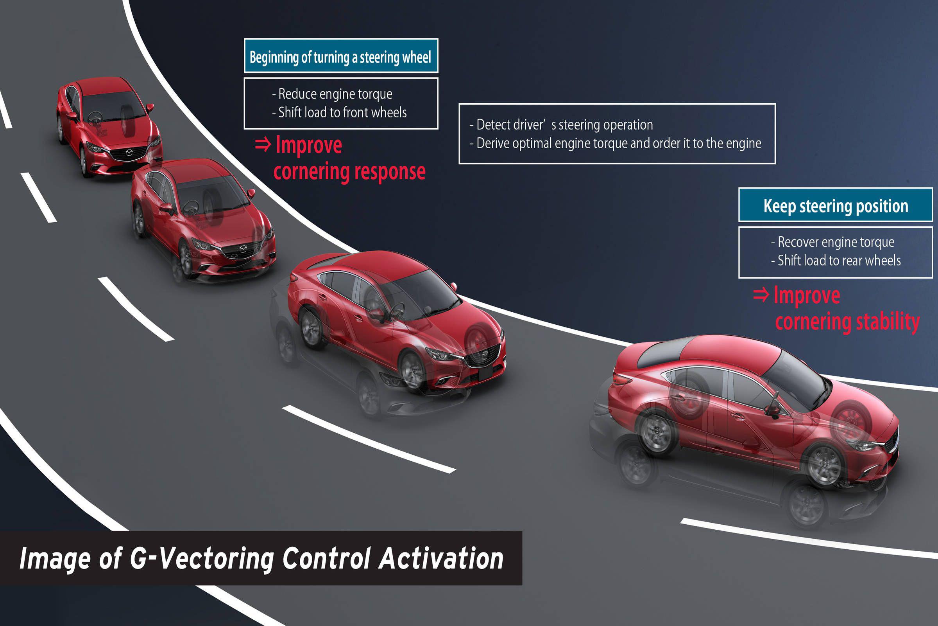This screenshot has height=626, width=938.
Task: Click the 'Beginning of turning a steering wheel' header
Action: point(340,57)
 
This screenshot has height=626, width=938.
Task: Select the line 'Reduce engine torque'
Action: point(335,94)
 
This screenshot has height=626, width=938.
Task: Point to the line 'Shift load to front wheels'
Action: point(342,113)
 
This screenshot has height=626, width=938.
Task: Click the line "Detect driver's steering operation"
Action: point(564,125)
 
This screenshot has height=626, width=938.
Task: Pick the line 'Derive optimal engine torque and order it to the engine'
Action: point(619,143)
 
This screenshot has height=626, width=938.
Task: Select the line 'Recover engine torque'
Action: point(836,242)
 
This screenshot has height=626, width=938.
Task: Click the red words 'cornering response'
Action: point(349,172)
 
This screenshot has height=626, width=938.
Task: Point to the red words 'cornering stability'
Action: point(847,322)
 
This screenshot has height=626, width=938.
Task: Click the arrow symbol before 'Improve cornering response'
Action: point(263,145)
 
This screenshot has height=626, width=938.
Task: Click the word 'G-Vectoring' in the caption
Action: point(202,558)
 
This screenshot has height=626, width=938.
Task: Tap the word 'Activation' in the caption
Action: point(441,558)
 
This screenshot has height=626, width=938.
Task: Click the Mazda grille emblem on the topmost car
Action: point(129,153)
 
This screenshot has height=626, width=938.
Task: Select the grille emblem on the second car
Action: point(243,249)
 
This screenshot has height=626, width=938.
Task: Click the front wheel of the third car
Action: point(412,370)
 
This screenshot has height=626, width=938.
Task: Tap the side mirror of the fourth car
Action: point(773,409)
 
